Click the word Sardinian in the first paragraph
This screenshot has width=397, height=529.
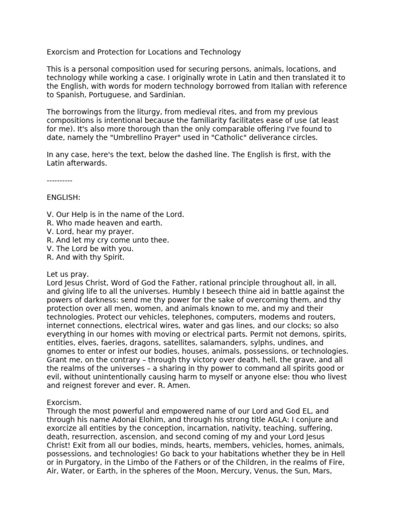pyautogui.click(x=166, y=95)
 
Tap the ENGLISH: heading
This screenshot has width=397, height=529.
pyautogui.click(x=63, y=197)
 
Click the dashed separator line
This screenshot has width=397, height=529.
pyautogui.click(x=59, y=180)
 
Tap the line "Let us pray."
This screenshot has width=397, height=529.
pyautogui.click(x=68, y=274)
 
